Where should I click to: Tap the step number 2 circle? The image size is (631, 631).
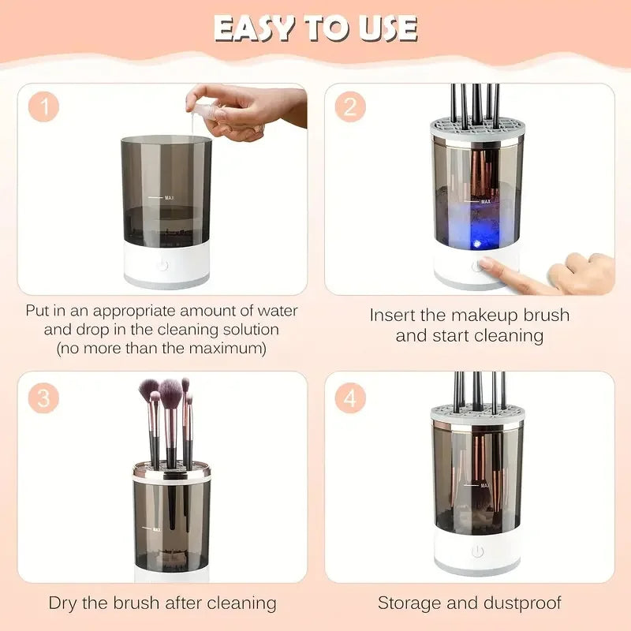(350, 108)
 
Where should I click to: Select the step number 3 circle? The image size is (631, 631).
(46, 398)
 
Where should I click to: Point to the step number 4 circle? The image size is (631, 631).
(350, 398)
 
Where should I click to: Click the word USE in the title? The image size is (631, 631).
(384, 28)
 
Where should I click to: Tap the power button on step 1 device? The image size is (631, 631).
(162, 264)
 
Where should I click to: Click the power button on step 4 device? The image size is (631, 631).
(476, 551)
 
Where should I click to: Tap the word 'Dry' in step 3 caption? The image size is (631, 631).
(65, 603)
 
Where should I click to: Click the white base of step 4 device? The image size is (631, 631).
(476, 556)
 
